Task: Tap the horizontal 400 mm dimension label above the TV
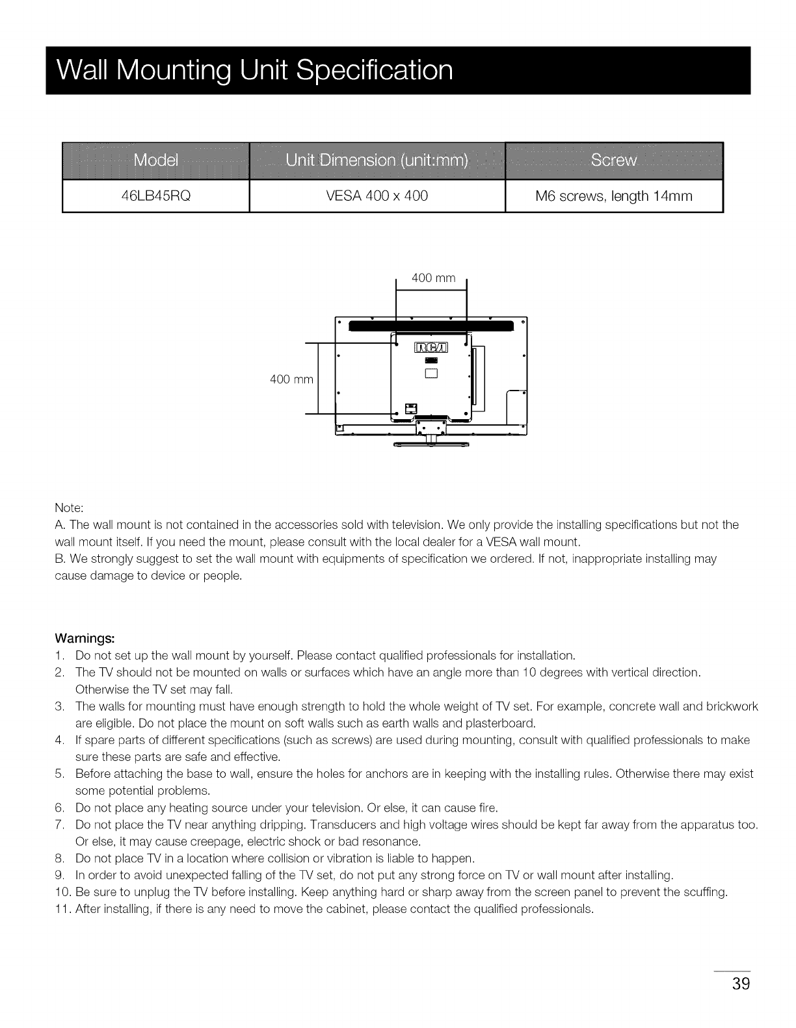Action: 434,278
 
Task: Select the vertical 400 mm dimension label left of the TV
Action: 291,379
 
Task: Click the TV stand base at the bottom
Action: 430,444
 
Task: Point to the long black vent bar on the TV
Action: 431,326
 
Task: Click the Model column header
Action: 155,161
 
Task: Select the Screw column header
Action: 614,161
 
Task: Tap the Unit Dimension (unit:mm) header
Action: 377,161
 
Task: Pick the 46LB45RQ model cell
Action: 155,196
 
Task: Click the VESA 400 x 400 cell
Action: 377,196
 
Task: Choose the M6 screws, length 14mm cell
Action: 614,196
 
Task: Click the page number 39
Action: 741,983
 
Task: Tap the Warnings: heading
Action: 85,637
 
